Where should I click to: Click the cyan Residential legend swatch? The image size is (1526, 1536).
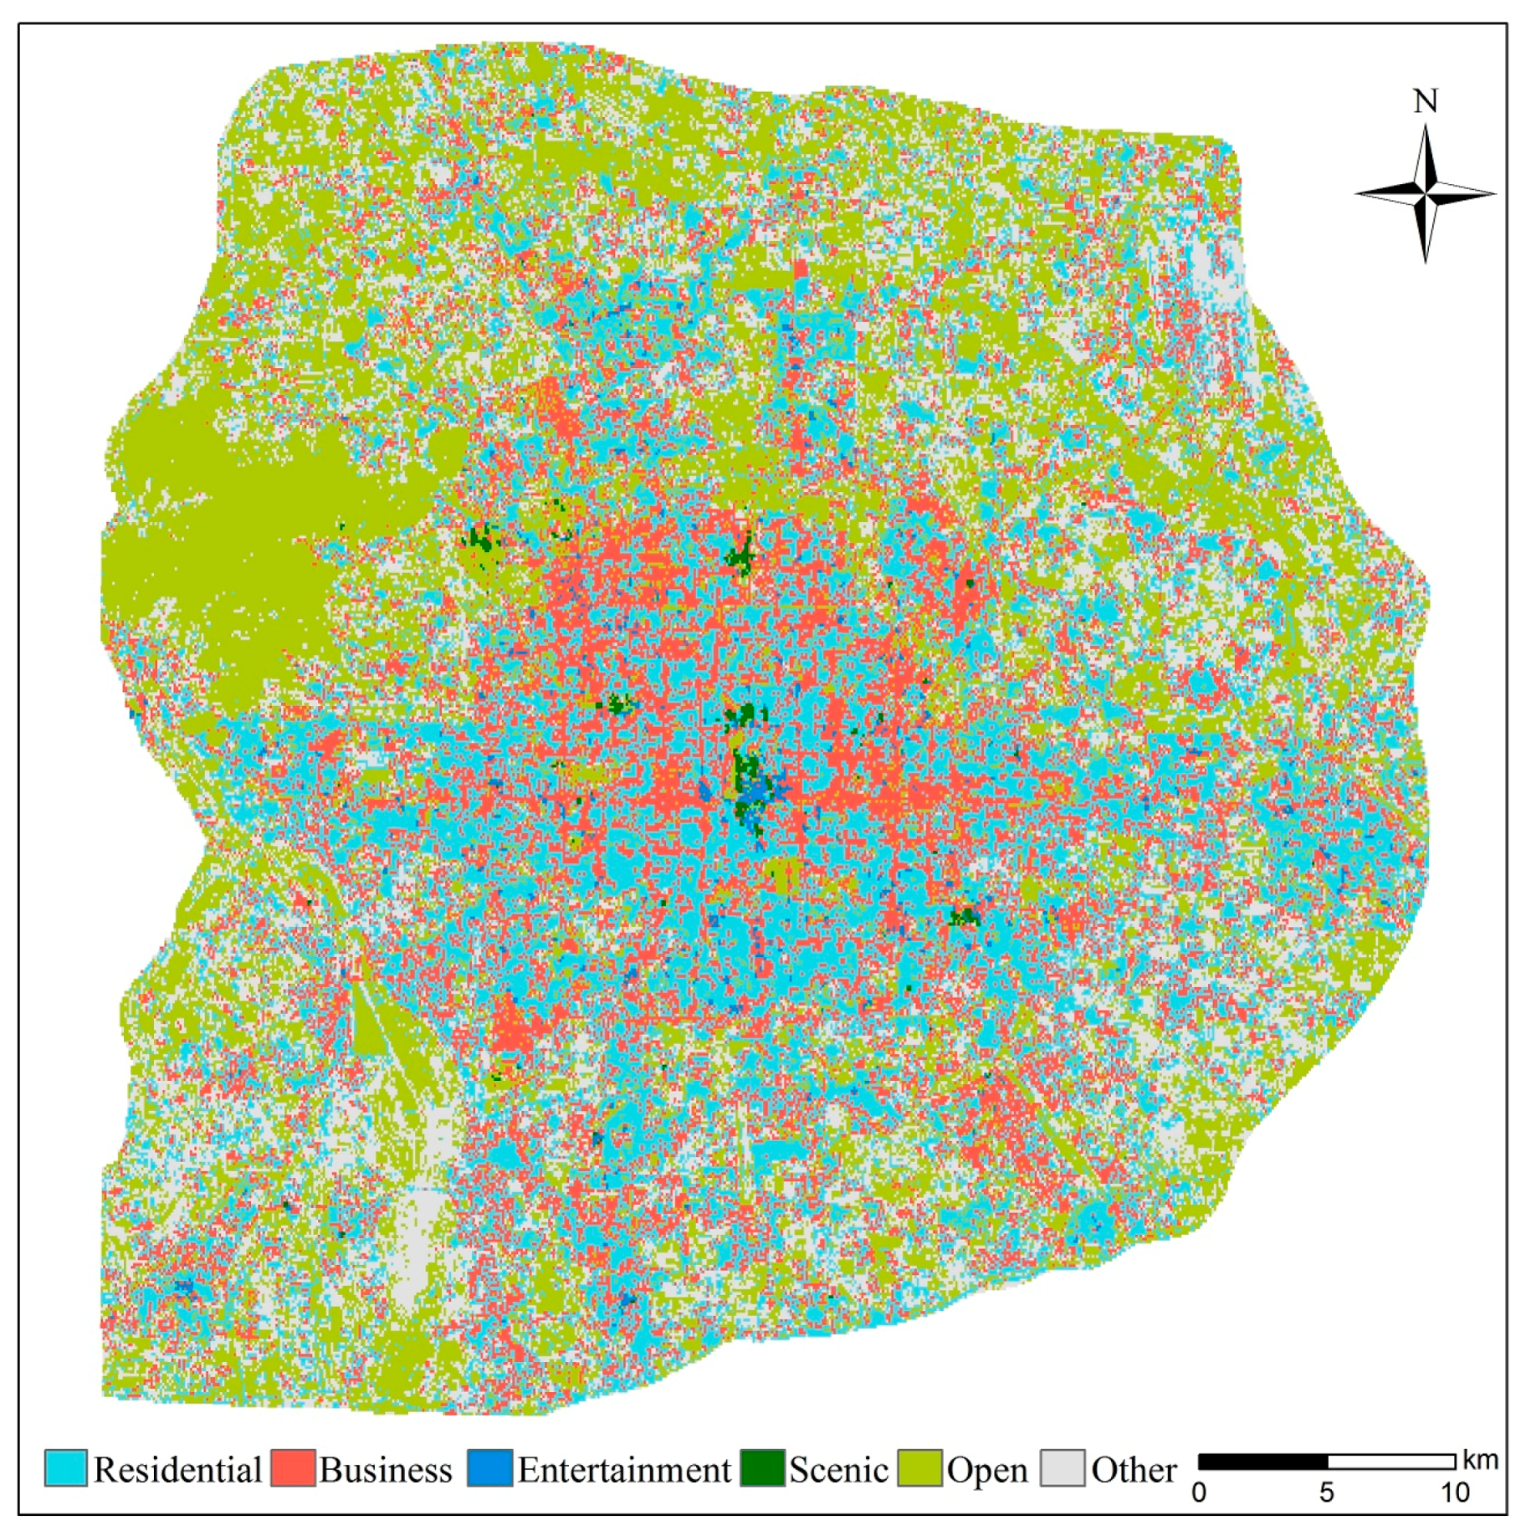[x=65, y=1468]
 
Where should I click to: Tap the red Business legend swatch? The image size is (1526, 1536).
[x=293, y=1468]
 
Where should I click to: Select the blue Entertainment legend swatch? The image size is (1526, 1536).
[x=489, y=1468]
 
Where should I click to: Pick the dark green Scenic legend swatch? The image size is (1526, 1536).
[x=762, y=1468]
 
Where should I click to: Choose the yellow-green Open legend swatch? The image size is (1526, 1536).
[x=919, y=1468]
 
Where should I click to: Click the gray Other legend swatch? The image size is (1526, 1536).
[x=1062, y=1468]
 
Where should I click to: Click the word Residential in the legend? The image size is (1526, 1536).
[x=177, y=1470]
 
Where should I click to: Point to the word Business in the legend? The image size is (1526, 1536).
[x=386, y=1470]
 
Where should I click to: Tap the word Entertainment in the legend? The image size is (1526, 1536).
[x=624, y=1470]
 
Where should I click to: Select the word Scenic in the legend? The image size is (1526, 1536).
[x=838, y=1470]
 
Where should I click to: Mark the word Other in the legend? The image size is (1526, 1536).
[x=1134, y=1470]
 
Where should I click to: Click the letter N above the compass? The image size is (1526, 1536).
[x=1426, y=102]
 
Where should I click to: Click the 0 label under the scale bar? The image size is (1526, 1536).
[x=1199, y=1492]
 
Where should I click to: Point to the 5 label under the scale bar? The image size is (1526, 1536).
[x=1327, y=1492]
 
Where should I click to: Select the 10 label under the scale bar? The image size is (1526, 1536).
[x=1455, y=1492]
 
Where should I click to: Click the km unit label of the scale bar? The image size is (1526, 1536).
[x=1480, y=1460]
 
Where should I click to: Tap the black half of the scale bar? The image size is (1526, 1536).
[x=1262, y=1462]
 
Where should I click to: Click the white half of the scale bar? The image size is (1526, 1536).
[x=1391, y=1462]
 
